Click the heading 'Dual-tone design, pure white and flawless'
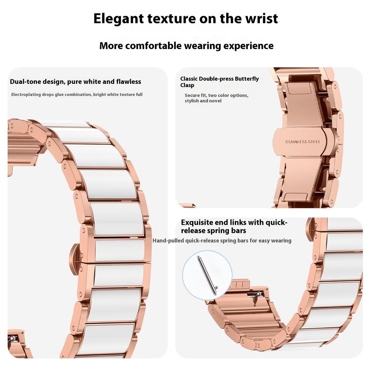click(x=76, y=82)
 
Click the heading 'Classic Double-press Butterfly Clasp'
click(x=219, y=82)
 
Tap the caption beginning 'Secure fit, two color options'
click(x=216, y=98)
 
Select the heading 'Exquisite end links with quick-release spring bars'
click(x=234, y=227)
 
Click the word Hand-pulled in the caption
click(x=168, y=241)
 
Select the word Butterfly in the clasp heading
click(x=247, y=79)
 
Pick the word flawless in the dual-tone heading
click(x=128, y=82)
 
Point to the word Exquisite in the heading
click(x=198, y=223)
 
